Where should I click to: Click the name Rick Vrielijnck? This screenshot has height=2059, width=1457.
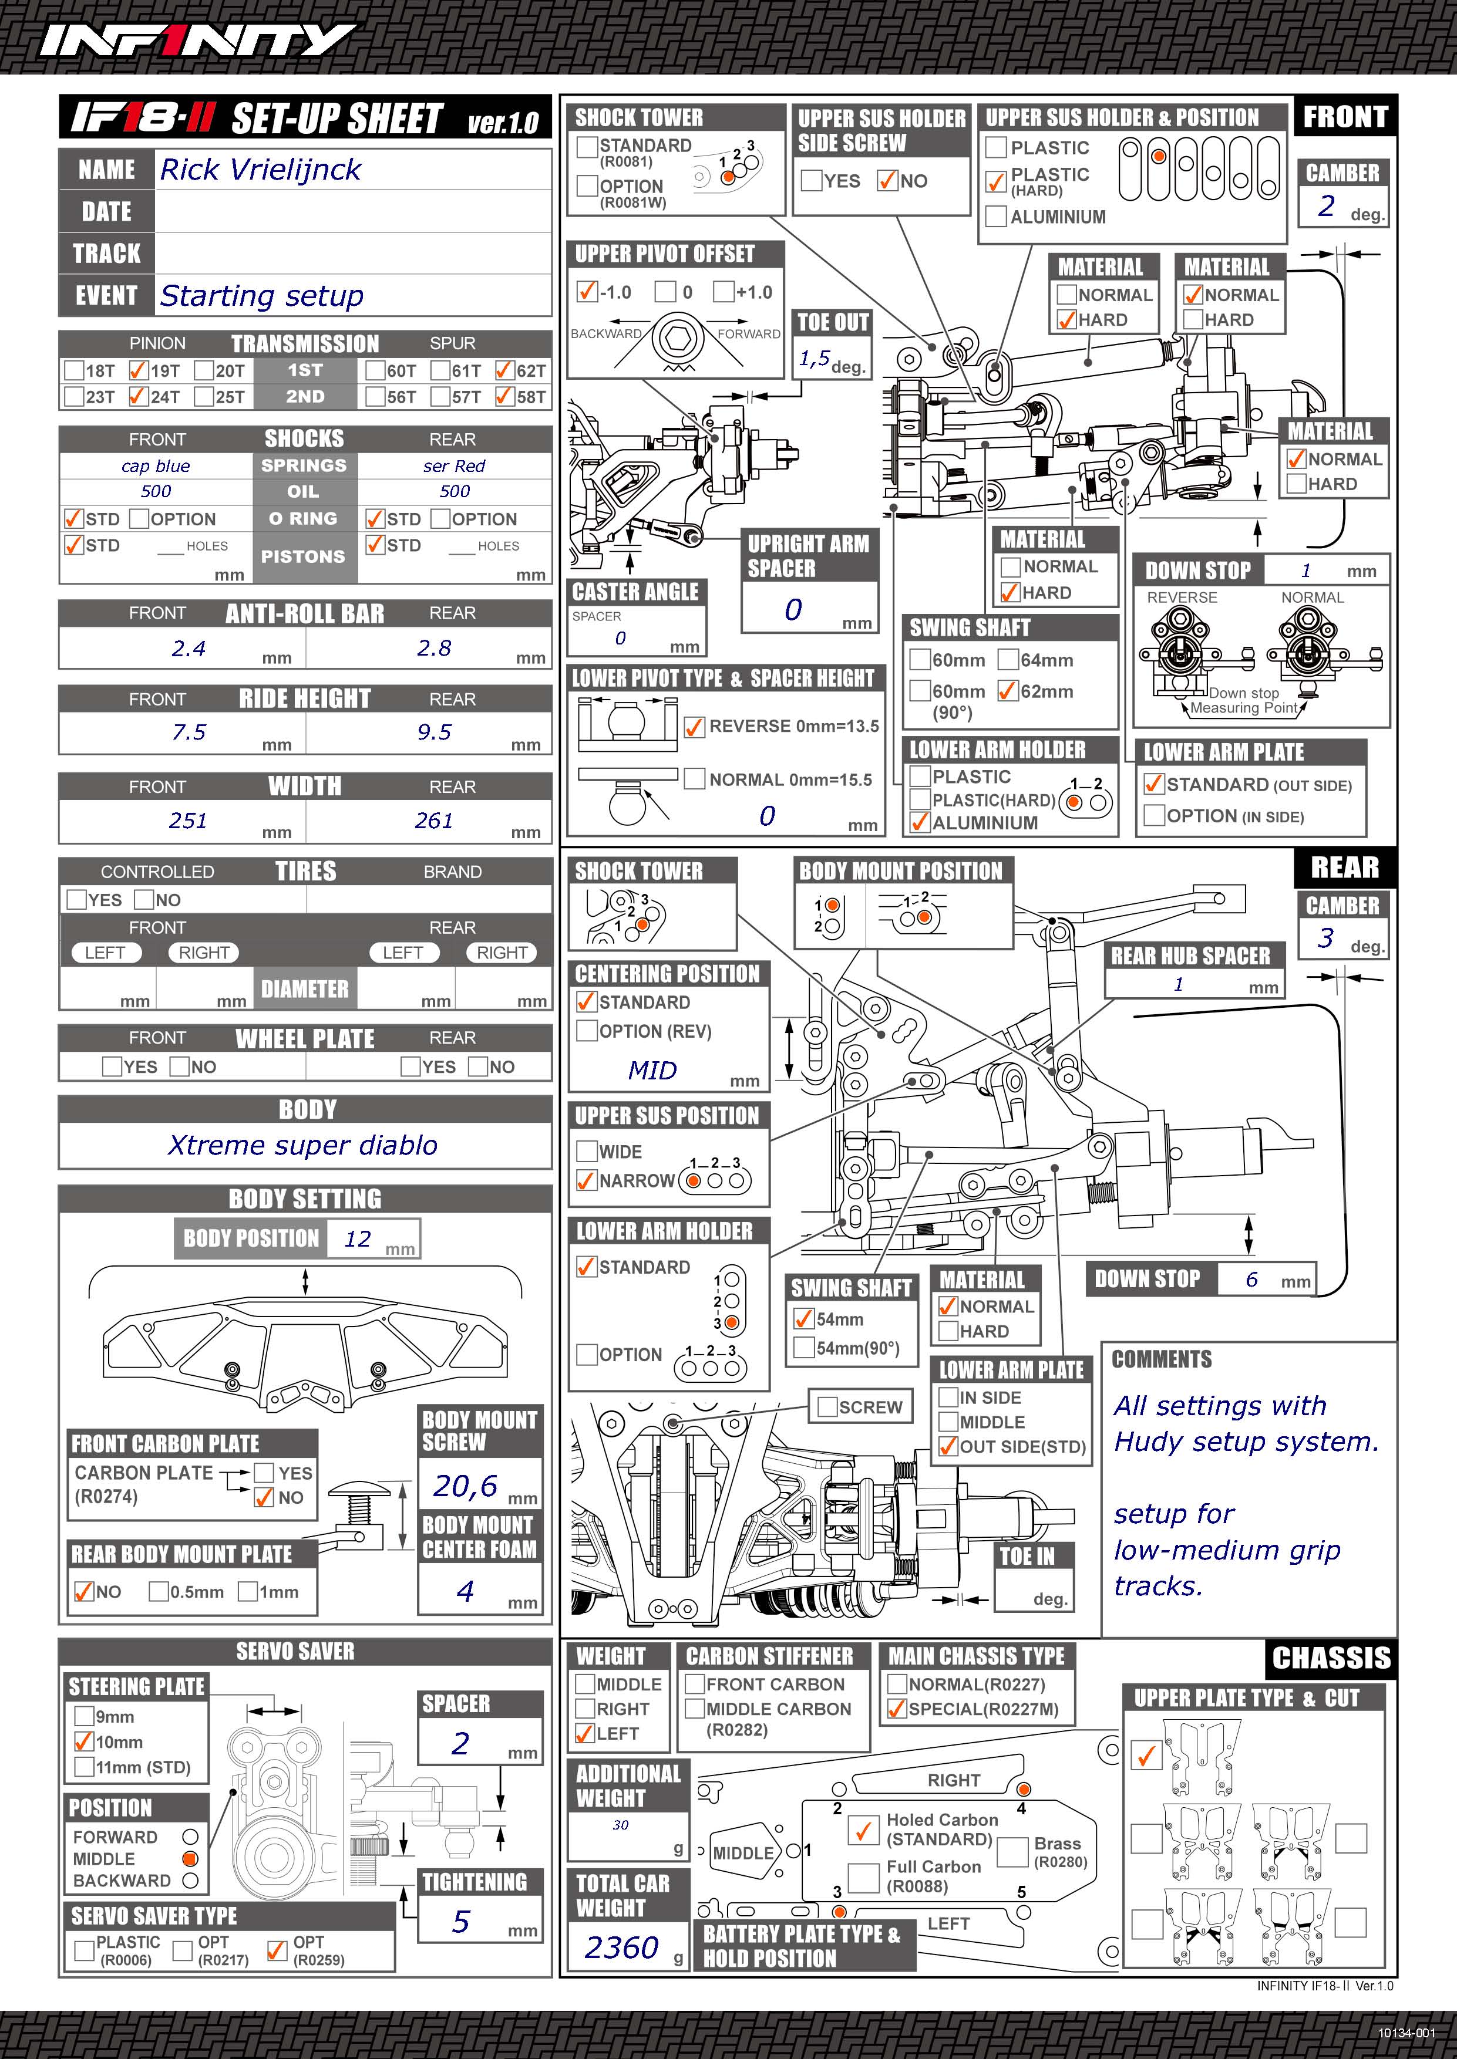point(260,170)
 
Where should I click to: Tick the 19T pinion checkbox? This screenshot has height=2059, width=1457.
point(138,369)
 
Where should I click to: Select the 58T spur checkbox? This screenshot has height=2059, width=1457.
point(504,396)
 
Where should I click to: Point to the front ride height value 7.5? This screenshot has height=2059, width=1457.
point(189,733)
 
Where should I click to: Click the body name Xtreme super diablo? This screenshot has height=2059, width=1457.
point(302,1145)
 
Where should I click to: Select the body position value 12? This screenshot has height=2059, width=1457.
point(358,1238)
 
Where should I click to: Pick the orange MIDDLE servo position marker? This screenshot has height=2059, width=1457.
point(189,1858)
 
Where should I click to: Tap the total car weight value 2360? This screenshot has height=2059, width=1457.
point(622,1948)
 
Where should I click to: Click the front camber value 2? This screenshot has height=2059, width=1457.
point(1326,206)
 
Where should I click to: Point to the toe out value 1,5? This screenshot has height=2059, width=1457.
point(815,359)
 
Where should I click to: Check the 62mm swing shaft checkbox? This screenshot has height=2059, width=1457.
point(1008,690)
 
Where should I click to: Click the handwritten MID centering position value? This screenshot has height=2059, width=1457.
point(652,1071)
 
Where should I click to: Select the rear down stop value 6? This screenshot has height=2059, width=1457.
point(1251,1280)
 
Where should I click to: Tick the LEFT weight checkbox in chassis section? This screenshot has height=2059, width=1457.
point(585,1733)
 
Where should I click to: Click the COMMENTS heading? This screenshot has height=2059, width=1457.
point(1162,1359)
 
